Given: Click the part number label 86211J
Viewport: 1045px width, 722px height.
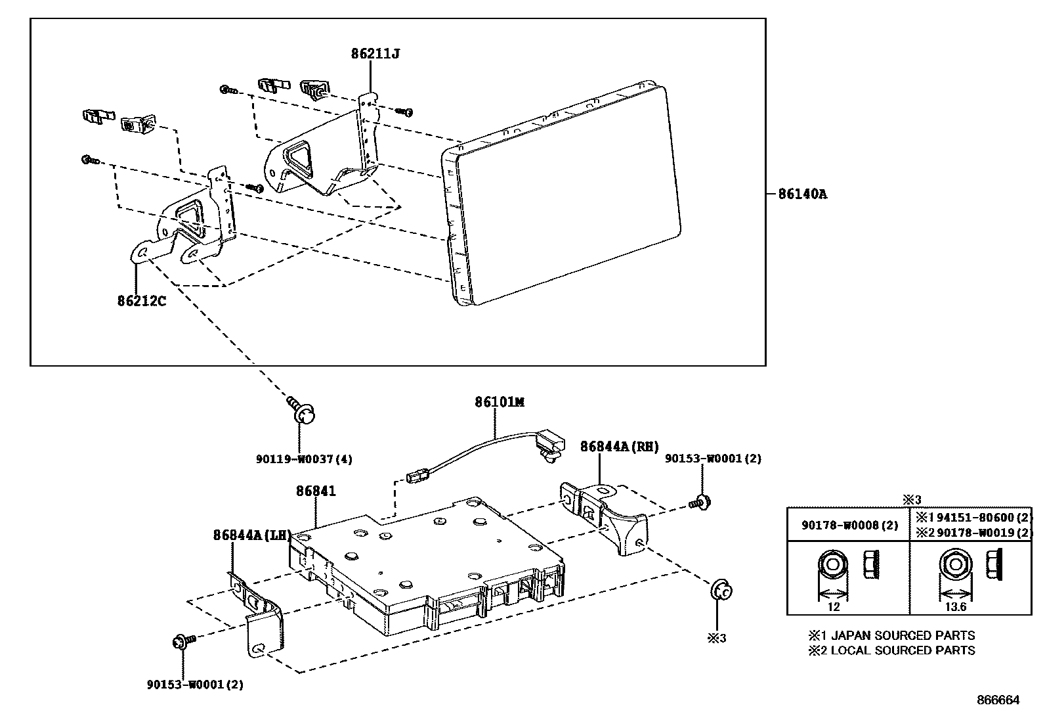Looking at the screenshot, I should [375, 54].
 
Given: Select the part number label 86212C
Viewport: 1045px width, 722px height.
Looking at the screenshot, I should [141, 301].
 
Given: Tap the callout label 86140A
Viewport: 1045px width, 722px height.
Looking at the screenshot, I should [802, 194].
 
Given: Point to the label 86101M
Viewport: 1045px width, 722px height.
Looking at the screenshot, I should [500, 401].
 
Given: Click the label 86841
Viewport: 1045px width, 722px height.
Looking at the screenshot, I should [315, 490].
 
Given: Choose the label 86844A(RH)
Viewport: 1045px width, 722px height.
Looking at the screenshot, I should [619, 447].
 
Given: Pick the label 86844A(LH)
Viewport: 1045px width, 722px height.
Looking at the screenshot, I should [251, 535].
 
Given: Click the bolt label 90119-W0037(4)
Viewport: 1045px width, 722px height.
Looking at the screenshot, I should [304, 459].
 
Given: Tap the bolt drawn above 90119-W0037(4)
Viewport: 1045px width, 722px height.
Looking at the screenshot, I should [303, 411].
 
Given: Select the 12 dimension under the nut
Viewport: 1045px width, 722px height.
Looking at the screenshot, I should [833, 606].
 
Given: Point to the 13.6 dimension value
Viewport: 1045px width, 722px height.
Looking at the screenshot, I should [955, 606].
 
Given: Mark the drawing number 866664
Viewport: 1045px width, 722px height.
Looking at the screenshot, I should [998, 700].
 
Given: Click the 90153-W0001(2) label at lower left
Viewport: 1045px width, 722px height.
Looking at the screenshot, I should [195, 685].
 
